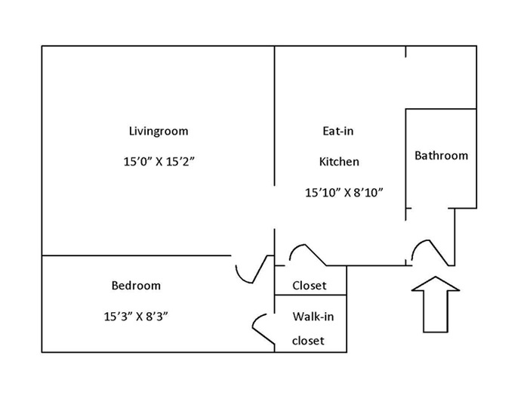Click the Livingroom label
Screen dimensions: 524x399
(159, 131)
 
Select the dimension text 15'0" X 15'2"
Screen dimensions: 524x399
(159, 162)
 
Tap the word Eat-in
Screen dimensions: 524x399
(338, 131)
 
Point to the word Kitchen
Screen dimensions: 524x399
(339, 162)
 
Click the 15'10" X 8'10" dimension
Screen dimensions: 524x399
(344, 193)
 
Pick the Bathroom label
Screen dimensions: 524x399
(441, 156)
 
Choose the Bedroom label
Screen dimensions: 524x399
(136, 286)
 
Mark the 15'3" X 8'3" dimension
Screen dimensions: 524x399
(136, 317)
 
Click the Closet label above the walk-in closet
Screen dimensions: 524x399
(309, 286)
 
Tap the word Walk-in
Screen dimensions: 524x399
(313, 317)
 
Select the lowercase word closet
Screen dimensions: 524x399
(308, 341)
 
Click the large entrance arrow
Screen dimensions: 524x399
(436, 305)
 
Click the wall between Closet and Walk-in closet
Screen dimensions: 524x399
(310, 295)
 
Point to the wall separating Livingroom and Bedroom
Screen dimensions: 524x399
(137, 255)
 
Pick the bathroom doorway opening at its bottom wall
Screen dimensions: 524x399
(430, 209)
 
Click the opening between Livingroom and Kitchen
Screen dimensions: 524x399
(275, 207)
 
